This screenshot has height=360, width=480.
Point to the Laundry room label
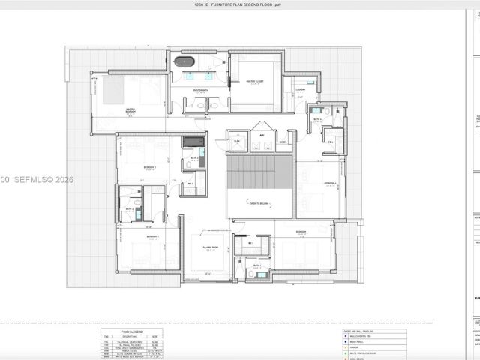(x=301, y=89)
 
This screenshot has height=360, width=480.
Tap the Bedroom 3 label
(x=150, y=167)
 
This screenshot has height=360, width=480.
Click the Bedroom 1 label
(x=302, y=232)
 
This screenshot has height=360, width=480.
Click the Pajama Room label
(x=210, y=247)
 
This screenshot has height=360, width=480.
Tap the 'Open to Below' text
(x=259, y=202)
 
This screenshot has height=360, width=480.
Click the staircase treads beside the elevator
(x=259, y=172)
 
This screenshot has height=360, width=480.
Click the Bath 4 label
(x=317, y=119)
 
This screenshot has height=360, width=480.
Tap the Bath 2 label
(x=129, y=209)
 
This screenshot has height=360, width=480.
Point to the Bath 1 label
(x=256, y=265)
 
